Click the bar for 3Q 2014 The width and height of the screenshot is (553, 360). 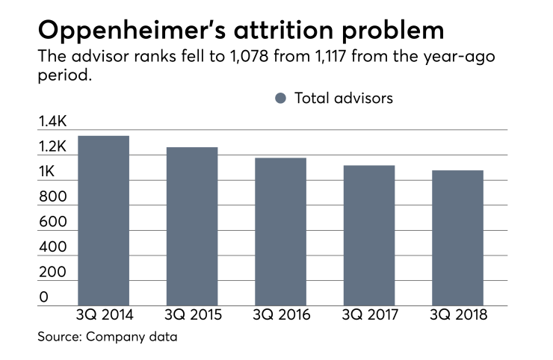[103, 220]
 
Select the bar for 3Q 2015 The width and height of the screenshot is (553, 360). [191, 226]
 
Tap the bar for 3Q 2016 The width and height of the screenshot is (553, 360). [280, 232]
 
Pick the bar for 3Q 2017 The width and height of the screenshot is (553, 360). [368, 235]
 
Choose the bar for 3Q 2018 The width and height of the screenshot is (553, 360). [457, 238]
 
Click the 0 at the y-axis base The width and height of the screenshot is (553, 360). [43, 297]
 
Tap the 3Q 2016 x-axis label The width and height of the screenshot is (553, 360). [280, 315]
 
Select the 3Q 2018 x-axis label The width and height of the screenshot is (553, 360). [457, 315]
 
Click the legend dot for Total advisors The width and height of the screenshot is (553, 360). [280, 98]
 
